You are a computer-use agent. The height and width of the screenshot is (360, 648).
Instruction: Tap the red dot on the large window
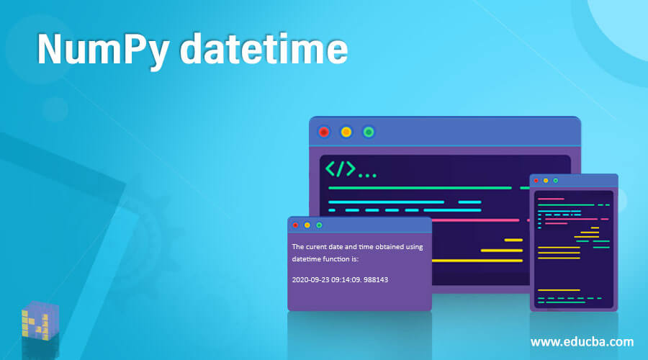324,132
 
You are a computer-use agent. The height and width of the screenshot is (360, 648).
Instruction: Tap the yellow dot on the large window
346,132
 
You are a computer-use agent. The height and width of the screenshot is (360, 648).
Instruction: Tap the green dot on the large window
369,132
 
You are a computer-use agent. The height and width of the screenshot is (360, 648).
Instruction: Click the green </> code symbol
341,169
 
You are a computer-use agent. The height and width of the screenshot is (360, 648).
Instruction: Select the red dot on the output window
295,225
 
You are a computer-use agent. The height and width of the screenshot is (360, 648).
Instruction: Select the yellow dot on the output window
307,225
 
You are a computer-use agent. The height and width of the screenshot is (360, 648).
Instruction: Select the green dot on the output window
319,225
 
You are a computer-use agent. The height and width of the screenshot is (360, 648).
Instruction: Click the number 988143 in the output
376,279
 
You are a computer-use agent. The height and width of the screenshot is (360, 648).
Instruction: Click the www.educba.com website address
582,341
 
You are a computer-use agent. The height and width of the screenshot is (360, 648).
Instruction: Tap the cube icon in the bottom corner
40,321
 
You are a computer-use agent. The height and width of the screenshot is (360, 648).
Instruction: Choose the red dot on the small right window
536,180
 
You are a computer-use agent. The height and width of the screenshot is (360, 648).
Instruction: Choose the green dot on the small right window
555,180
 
